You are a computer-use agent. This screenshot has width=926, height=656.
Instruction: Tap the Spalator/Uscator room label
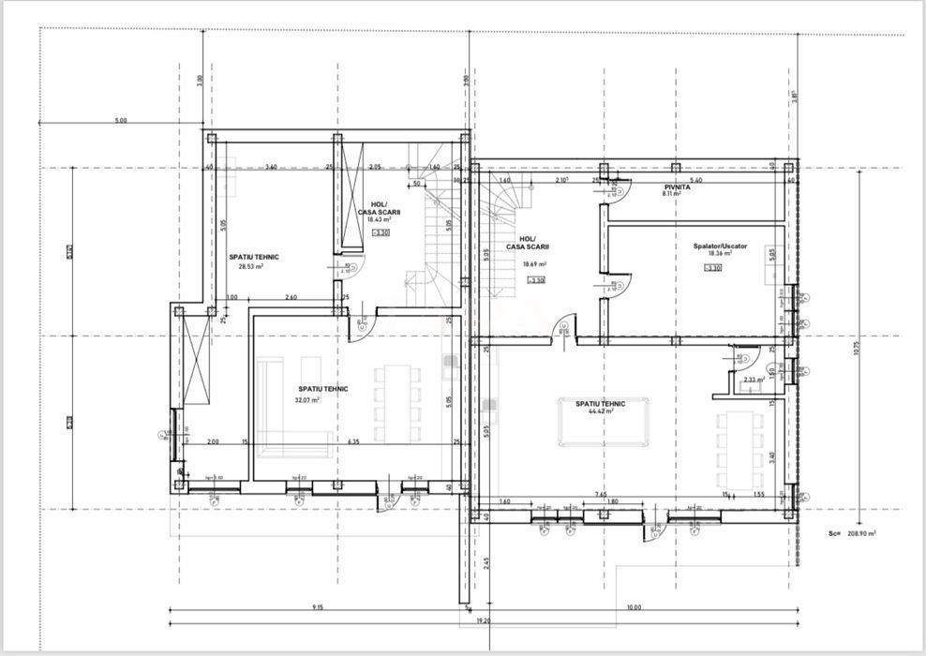pyautogui.click(x=720, y=246)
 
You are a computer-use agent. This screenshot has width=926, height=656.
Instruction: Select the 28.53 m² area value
pyautogui.click(x=250, y=266)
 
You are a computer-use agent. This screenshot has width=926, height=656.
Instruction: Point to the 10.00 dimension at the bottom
pyautogui.click(x=634, y=607)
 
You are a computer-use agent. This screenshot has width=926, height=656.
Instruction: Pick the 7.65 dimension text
pyautogui.click(x=600, y=493)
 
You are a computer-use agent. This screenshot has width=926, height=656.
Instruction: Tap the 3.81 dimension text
pyautogui.click(x=795, y=96)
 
